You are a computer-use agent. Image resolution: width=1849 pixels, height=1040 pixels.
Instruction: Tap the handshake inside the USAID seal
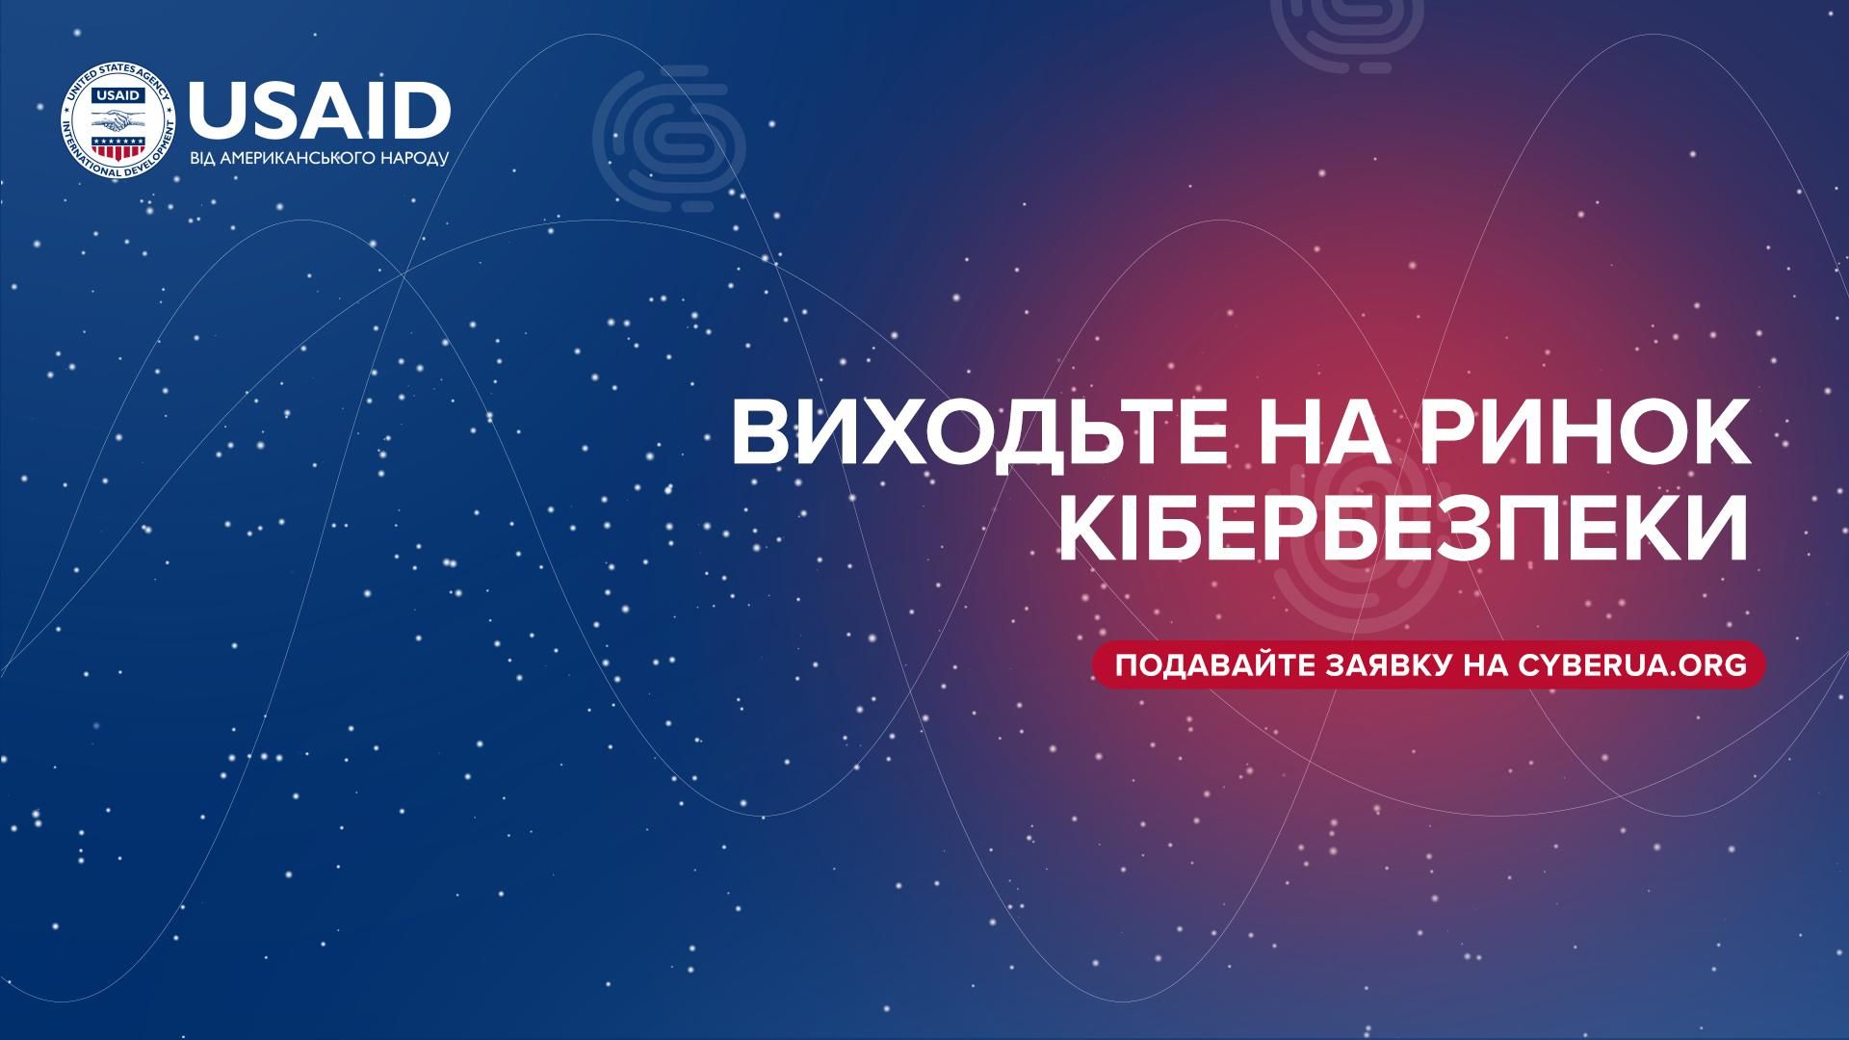pyautogui.click(x=118, y=123)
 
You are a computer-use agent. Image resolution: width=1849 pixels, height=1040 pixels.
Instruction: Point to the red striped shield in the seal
pyautogui.click(x=118, y=147)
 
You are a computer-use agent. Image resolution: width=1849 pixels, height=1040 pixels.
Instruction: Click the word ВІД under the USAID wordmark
pyautogui.click(x=203, y=158)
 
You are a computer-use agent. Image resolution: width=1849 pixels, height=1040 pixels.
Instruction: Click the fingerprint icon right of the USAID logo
pyautogui.click(x=669, y=141)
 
